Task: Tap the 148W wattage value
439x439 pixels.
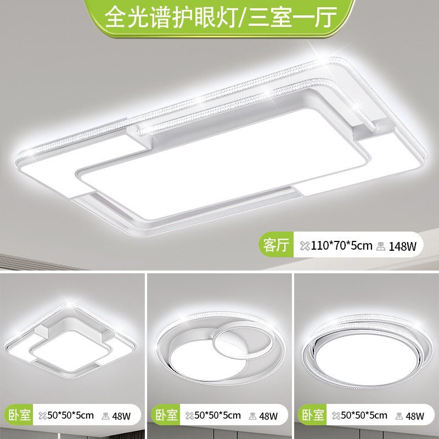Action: [x=403, y=246]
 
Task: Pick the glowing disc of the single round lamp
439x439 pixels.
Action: [x=365, y=357]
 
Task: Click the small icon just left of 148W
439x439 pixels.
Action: [x=380, y=246]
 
